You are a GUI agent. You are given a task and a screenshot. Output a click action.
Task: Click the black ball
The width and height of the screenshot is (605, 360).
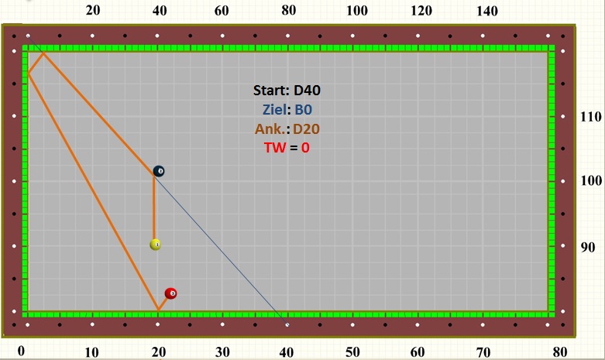click(x=159, y=171)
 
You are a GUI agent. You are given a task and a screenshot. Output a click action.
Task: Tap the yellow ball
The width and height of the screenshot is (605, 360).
click(x=156, y=245)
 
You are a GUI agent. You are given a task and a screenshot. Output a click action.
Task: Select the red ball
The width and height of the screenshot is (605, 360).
click(x=171, y=293)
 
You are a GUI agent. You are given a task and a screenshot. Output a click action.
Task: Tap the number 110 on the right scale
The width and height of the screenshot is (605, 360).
click(x=592, y=117)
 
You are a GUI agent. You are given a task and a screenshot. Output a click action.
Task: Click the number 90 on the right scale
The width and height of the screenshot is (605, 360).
click(x=589, y=248)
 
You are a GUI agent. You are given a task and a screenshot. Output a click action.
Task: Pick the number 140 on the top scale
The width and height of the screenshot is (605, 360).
click(x=486, y=11)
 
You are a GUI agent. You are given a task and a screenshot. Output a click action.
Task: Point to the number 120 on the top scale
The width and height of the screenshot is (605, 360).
click(x=421, y=11)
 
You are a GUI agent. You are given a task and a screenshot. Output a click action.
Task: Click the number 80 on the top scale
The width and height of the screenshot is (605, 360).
click(x=289, y=11)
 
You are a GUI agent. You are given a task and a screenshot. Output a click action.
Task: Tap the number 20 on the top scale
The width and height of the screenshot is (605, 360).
click(x=92, y=11)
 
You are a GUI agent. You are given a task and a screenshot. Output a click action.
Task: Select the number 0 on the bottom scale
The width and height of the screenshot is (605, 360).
click(x=22, y=351)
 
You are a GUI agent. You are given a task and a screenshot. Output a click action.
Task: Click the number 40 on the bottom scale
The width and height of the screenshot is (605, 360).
click(x=287, y=352)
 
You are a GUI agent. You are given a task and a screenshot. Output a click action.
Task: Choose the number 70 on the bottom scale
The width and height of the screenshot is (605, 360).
click(x=483, y=352)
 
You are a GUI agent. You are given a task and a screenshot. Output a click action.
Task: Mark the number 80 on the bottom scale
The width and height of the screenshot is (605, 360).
click(x=560, y=352)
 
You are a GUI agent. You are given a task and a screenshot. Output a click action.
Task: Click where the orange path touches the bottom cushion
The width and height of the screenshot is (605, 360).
click(x=158, y=310)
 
